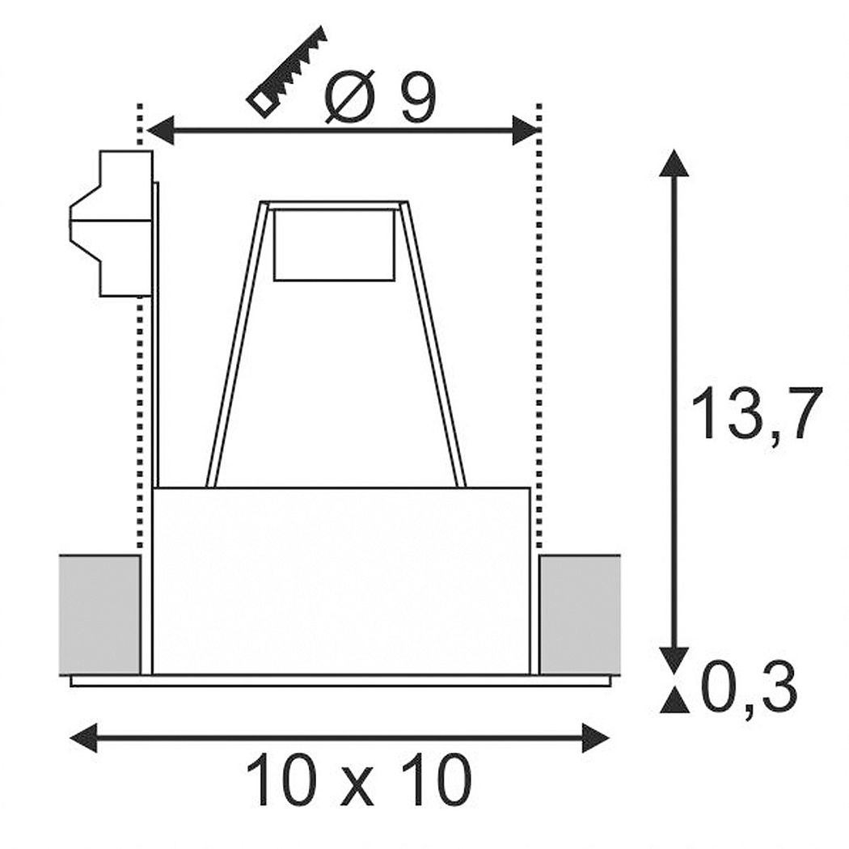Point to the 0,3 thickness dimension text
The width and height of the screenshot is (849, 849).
tap(750, 687)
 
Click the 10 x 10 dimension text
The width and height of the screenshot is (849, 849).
tap(358, 780)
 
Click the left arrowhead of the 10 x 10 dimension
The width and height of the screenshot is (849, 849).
tap(84, 737)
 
